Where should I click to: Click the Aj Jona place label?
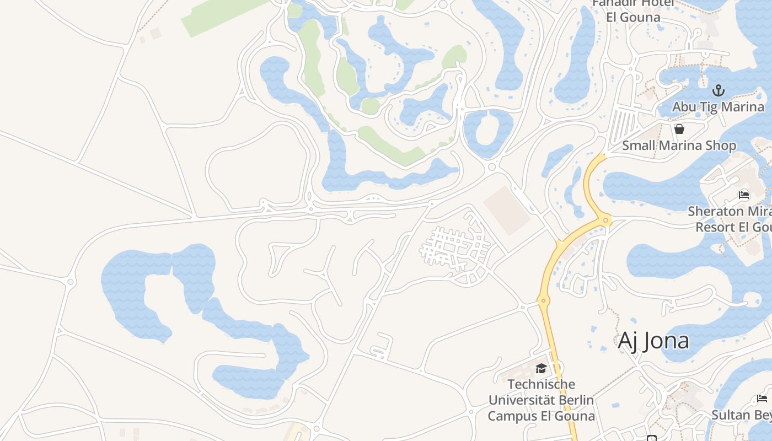[653, 341]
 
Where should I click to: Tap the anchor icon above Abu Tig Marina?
[718, 90]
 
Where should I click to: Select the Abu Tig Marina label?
[718, 106]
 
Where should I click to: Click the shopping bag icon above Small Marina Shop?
[679, 129]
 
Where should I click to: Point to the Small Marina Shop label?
[679, 146]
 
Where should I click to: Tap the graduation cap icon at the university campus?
[541, 368]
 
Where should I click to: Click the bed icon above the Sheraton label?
[744, 195]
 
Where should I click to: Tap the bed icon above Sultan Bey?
[762, 398]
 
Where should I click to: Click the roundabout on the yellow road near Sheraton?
[605, 220]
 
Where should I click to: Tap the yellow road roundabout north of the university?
[543, 301]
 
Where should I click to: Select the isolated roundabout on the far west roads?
[70, 282]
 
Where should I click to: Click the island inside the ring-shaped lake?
[486, 131]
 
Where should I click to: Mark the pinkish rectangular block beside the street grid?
[507, 210]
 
